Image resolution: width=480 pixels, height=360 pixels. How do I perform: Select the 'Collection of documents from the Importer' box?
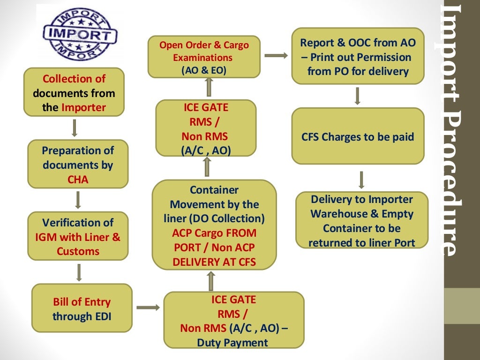tap(74, 93)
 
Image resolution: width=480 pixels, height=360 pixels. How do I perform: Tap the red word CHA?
tap(78, 180)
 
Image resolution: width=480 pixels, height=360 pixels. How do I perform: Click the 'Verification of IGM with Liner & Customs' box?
tap(78, 236)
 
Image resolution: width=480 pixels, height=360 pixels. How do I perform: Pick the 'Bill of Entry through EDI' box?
tap(82, 308)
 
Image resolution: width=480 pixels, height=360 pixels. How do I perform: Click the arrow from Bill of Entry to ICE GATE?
tap(148, 308)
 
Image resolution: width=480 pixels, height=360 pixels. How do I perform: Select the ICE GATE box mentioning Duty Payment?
tap(233, 321)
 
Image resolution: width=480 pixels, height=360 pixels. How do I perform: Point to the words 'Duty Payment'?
tap(232, 343)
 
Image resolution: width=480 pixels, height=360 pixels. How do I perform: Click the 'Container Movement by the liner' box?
tap(214, 225)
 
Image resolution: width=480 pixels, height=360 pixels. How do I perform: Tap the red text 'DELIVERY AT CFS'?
tap(214, 262)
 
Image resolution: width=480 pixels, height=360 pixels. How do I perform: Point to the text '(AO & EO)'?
tap(203, 70)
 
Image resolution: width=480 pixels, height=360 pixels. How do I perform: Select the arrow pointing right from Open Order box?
tap(276, 56)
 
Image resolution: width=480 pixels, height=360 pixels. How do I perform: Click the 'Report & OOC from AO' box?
tap(358, 56)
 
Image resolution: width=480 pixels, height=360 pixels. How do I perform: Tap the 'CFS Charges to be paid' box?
tap(358, 137)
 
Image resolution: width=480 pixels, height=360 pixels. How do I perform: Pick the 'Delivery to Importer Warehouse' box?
tap(361, 220)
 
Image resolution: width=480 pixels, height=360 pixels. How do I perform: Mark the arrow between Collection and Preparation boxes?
tap(75, 127)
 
